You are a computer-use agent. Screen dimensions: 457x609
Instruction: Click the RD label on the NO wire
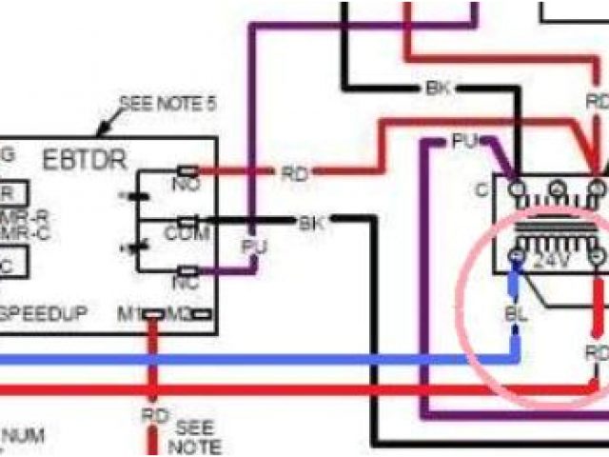293,174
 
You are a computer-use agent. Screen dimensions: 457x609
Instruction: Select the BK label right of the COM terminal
311,225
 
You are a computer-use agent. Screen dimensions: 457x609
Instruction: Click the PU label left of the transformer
463,141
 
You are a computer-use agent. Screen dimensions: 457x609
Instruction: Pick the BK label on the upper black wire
436,90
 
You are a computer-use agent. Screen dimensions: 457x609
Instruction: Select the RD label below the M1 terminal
153,416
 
